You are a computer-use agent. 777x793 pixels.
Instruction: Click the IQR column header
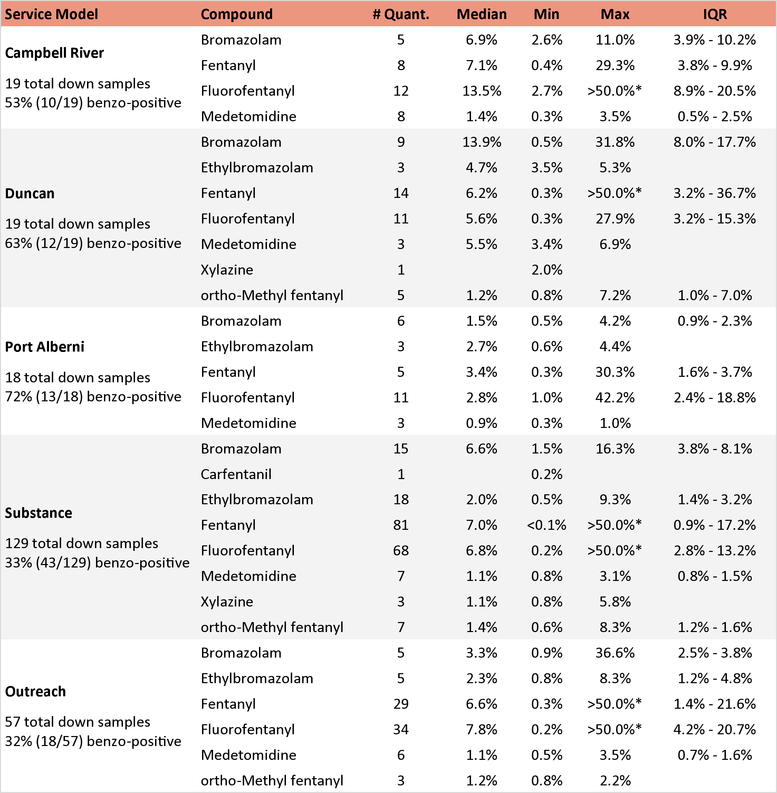tap(714, 14)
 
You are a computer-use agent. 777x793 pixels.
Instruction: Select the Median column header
tap(481, 14)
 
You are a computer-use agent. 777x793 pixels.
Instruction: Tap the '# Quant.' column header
tap(401, 14)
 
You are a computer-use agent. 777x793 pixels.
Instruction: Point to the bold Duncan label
tap(29, 193)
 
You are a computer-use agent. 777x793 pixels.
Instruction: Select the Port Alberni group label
tap(45, 347)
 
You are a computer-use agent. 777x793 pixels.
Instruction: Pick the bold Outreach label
tap(35, 692)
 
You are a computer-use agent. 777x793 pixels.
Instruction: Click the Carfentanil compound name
tap(236, 474)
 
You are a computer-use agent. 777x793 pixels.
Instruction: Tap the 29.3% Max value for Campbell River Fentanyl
tap(615, 65)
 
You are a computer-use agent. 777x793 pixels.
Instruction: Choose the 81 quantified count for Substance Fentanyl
tap(401, 525)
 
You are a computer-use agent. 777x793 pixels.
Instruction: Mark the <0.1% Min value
tap(546, 525)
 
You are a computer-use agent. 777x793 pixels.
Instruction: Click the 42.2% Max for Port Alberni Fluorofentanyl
tap(615, 398)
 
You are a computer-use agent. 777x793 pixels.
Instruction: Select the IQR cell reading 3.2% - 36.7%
tap(714, 193)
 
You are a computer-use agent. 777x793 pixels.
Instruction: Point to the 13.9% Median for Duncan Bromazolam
tap(481, 142)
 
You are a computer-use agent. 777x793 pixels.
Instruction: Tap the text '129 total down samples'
tap(81, 544)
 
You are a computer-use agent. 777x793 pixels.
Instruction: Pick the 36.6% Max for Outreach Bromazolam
tap(615, 653)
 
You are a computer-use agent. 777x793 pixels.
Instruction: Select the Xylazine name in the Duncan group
tap(227, 270)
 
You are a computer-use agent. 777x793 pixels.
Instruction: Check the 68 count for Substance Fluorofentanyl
tap(401, 551)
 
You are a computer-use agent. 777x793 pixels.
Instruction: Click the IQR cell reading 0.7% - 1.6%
tap(714, 755)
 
